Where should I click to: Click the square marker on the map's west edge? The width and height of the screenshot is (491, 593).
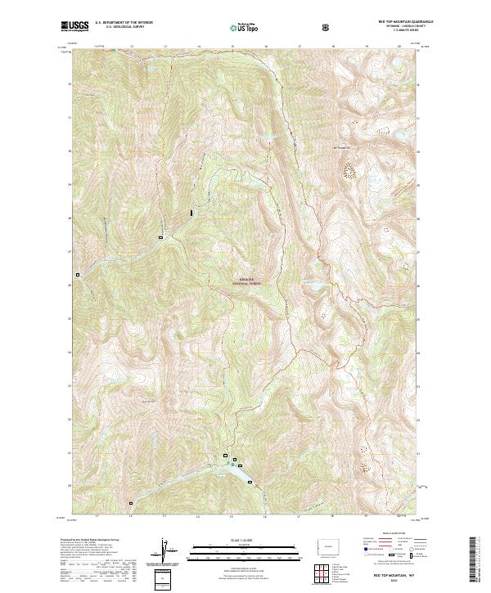(79, 275)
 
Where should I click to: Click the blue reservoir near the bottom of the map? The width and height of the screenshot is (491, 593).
(238, 471)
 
